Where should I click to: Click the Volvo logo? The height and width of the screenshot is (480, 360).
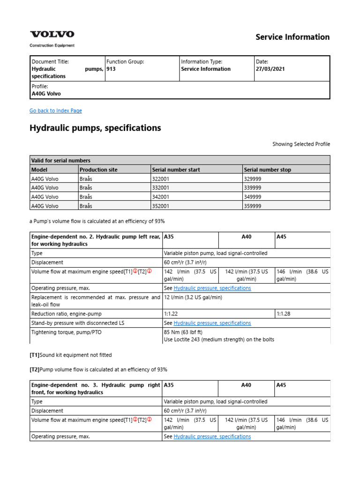(52, 34)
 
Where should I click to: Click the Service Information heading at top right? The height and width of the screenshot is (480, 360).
(292, 37)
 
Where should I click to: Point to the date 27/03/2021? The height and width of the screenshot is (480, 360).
(270, 69)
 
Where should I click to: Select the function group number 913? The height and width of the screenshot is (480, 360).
(111, 69)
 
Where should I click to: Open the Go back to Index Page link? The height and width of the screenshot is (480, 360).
(55, 111)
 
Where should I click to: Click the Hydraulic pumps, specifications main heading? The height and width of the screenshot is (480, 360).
(95, 128)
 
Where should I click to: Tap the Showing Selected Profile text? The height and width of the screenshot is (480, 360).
(301, 144)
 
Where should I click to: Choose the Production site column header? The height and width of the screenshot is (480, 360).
(98, 169)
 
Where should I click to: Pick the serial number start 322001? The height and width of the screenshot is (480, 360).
(161, 179)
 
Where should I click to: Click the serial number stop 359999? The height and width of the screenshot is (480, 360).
(253, 206)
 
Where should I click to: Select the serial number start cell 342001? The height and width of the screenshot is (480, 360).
(161, 197)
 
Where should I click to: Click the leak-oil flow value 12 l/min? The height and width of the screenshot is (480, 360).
(193, 297)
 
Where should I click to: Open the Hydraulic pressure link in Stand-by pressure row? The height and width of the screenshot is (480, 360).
(212, 323)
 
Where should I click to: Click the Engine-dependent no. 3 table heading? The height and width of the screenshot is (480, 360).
(96, 389)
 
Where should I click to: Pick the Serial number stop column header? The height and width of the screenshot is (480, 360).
(267, 169)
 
